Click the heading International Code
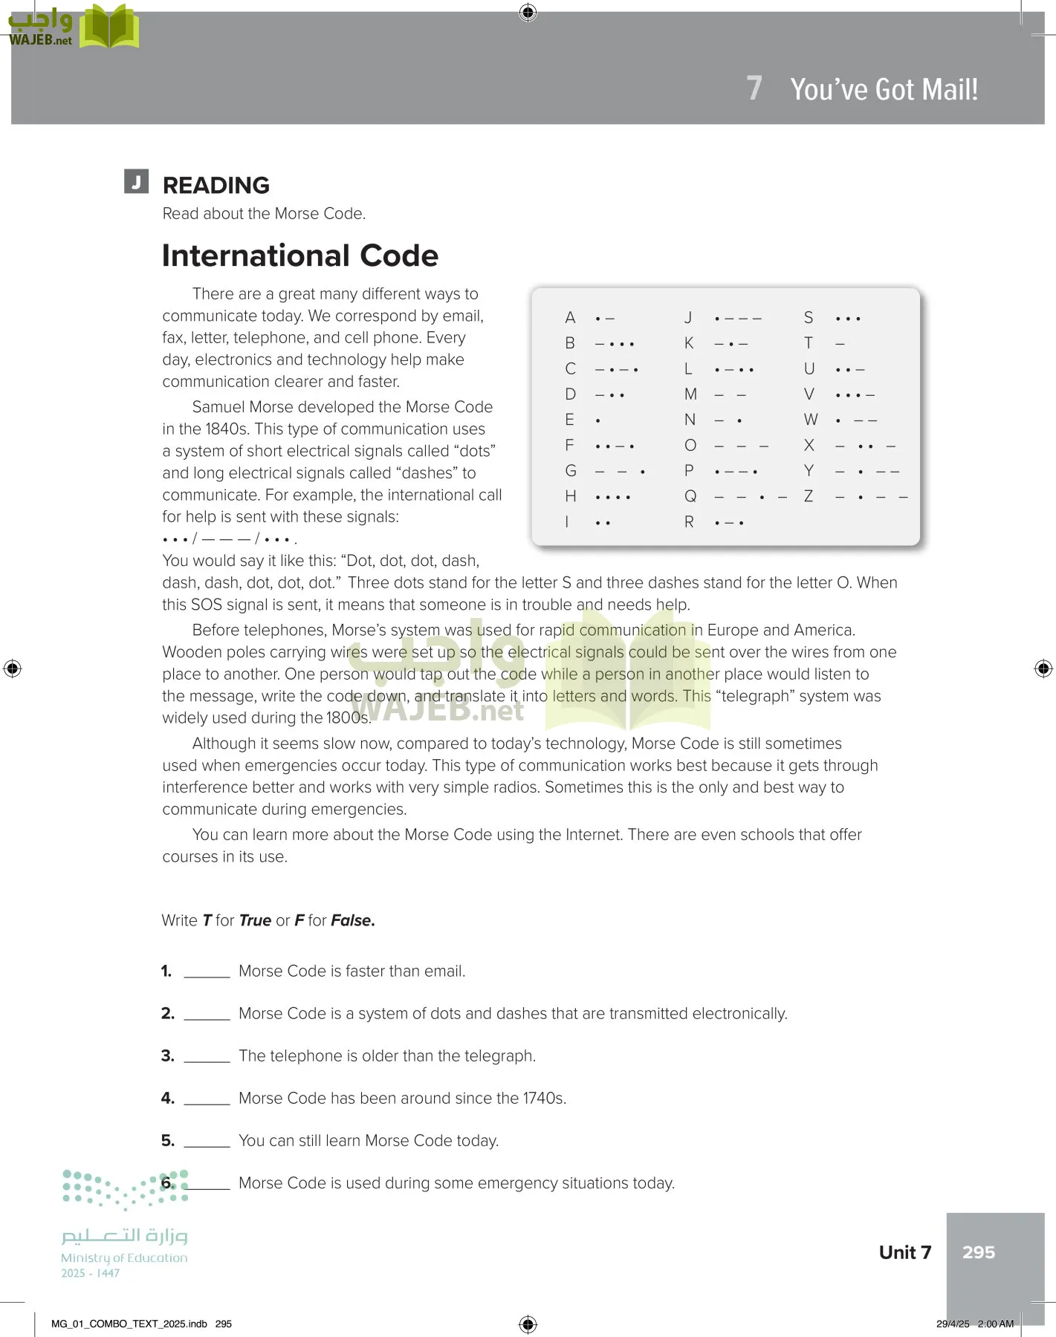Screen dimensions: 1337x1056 (x=300, y=256)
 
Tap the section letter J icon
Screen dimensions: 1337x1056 (x=136, y=181)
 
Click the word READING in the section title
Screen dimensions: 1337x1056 (x=216, y=186)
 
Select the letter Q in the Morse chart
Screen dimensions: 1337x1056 (x=690, y=496)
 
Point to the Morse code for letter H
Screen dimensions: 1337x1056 (x=613, y=496)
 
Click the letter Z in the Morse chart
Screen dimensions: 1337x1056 (x=809, y=496)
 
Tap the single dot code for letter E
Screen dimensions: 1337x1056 (x=598, y=420)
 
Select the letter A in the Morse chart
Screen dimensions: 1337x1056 (x=570, y=318)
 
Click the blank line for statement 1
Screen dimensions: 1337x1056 (x=207, y=974)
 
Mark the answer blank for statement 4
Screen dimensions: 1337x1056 (x=207, y=1101)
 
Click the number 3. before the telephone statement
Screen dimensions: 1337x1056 (x=168, y=1055)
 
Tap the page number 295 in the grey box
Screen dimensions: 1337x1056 (x=978, y=1252)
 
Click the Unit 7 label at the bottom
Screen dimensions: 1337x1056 (x=904, y=1252)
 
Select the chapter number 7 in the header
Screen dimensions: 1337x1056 (x=754, y=88)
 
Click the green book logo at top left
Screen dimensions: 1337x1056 (x=109, y=27)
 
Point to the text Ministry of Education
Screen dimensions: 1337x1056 (x=124, y=1258)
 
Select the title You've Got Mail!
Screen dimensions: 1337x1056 (x=884, y=89)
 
